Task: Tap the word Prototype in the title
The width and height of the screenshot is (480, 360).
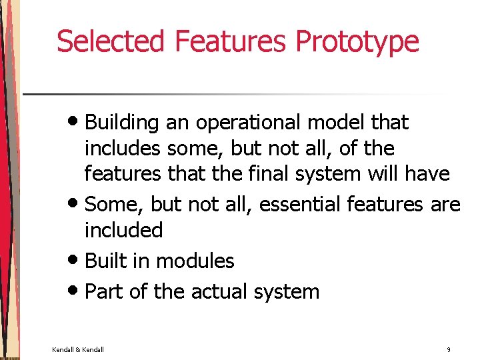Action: point(357,41)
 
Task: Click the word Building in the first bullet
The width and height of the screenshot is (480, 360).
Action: point(122,123)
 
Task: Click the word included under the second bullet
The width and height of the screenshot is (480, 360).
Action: point(123,230)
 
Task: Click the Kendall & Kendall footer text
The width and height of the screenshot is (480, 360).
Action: point(78,349)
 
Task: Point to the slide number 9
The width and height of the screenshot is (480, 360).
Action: point(449,349)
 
